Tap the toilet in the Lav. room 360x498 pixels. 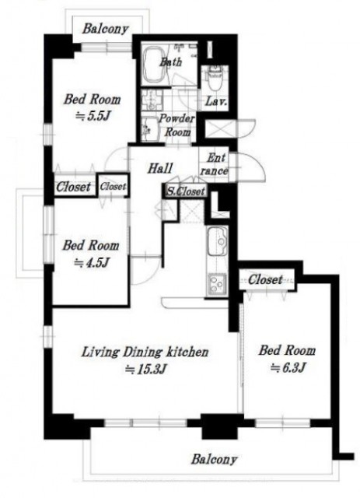[215, 77]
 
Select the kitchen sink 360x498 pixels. [218, 240]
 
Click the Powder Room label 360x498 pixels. [177, 124]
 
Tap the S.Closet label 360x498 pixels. [186, 191]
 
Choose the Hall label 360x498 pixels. [160, 168]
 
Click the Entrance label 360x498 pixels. [215, 164]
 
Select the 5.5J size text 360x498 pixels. [92, 117]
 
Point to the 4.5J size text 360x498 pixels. [92, 263]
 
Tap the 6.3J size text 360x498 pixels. [288, 368]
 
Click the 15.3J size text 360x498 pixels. [145, 369]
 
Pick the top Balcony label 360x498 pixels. [106, 30]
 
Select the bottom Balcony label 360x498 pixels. [215, 460]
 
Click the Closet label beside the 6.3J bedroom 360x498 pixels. [265, 280]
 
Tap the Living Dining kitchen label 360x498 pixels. [145, 352]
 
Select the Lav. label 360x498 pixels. [216, 102]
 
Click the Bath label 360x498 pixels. [171, 61]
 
